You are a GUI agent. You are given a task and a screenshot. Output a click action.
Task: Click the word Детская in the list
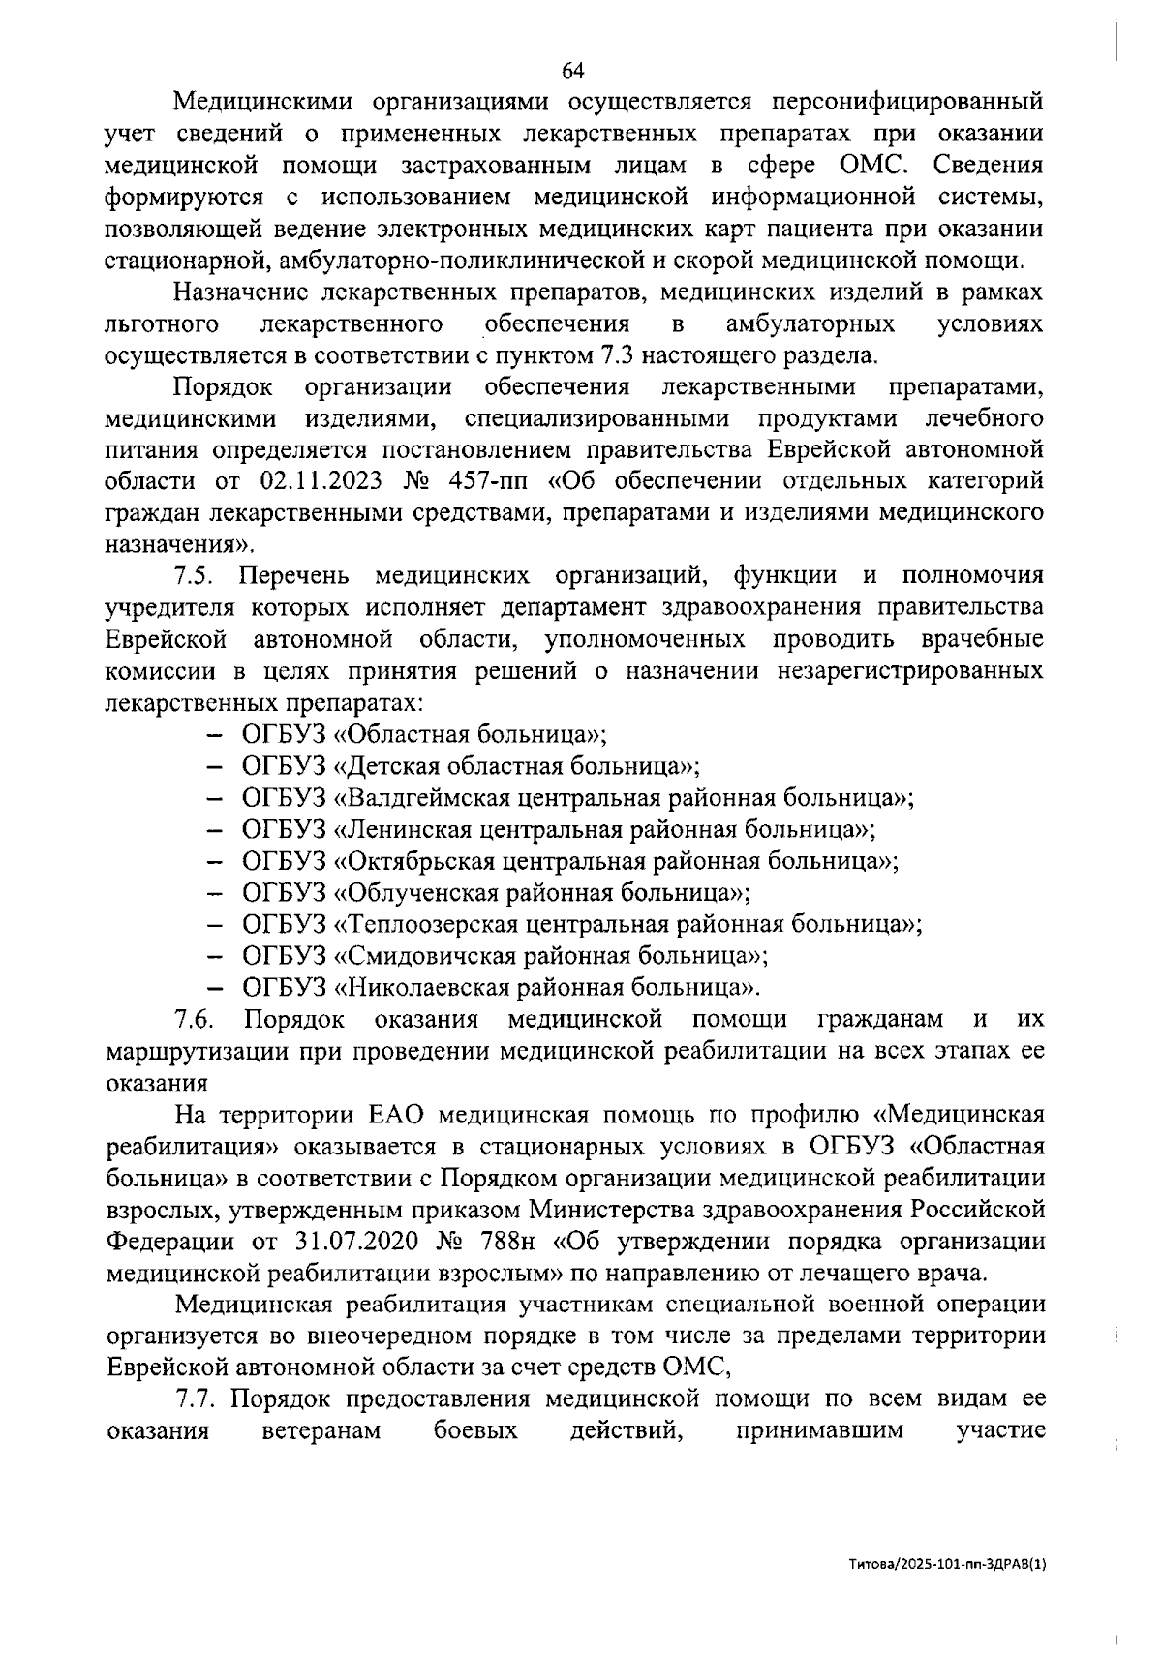(377, 766)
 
